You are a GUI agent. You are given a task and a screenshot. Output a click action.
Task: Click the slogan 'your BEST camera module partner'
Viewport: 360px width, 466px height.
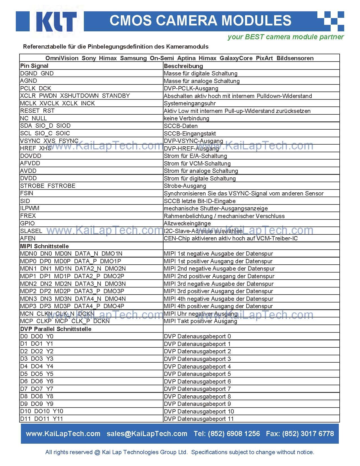[x=285, y=37]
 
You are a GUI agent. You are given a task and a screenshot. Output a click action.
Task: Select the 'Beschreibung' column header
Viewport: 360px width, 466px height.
[x=183, y=66]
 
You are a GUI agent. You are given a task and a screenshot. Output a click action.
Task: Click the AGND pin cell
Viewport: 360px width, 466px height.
[x=29, y=81]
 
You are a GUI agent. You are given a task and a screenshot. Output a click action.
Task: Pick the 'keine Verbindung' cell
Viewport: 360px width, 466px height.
[x=186, y=118]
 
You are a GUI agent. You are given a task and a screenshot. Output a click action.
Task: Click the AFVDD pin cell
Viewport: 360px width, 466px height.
[x=30, y=163]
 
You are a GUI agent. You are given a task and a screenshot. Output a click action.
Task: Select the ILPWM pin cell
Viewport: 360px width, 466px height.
[x=30, y=208]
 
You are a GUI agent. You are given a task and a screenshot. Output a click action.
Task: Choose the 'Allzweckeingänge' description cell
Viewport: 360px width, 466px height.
[x=187, y=223]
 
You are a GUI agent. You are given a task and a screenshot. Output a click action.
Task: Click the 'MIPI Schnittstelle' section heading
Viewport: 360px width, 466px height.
[x=44, y=246]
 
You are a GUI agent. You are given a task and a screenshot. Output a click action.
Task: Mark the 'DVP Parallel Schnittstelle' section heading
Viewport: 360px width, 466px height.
[x=56, y=329]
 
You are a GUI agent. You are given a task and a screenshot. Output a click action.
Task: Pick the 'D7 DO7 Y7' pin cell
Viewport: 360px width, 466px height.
[x=37, y=389]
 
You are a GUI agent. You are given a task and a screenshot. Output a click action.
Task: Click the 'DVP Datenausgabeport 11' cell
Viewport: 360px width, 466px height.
[x=199, y=419]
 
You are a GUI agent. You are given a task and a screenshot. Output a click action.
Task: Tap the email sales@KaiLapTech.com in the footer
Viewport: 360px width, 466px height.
[x=147, y=434]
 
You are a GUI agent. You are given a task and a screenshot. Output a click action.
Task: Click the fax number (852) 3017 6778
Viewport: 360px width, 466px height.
[x=308, y=434]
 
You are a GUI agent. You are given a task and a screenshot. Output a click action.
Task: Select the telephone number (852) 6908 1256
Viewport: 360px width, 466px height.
[x=234, y=434]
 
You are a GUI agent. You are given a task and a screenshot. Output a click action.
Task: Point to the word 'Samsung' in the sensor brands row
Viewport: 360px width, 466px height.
[x=133, y=58]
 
